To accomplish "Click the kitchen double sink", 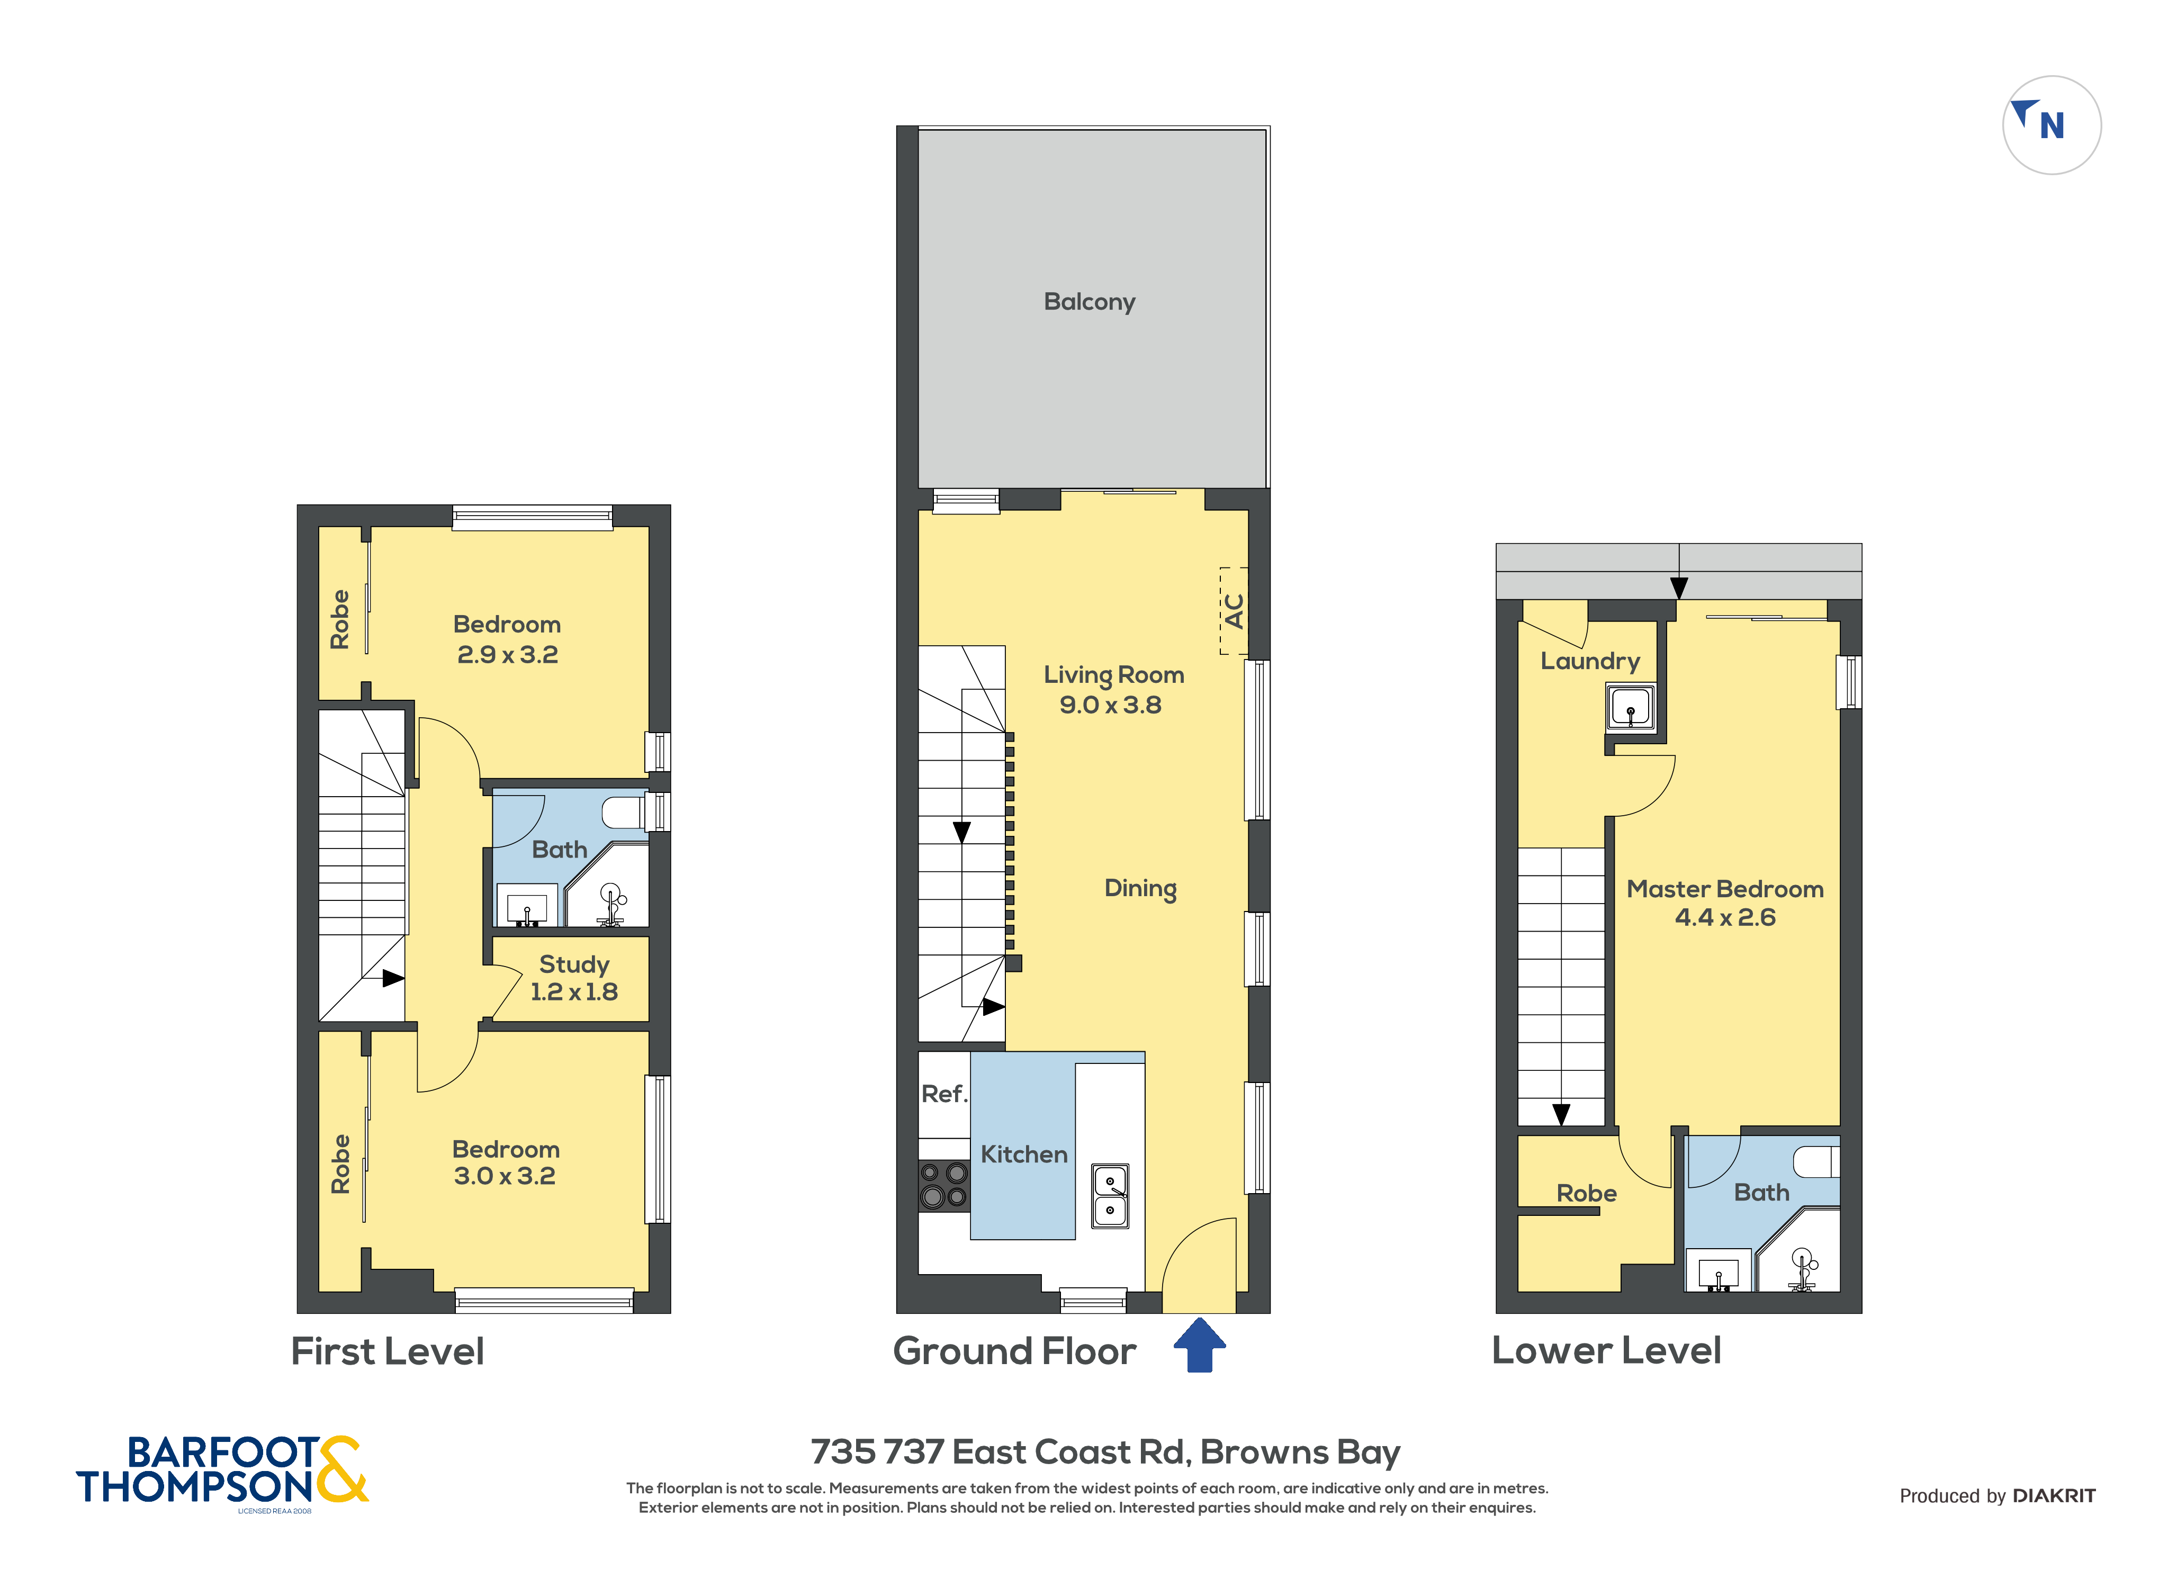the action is [x=1110, y=1196].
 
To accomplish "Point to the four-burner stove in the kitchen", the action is [x=944, y=1184].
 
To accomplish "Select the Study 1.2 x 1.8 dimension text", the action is [x=574, y=992].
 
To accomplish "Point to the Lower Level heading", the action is [x=1606, y=1350].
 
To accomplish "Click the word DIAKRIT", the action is [x=2054, y=1496].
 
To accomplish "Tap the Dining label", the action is [x=1140, y=889].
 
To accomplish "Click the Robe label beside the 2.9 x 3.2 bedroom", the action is [x=339, y=620].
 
